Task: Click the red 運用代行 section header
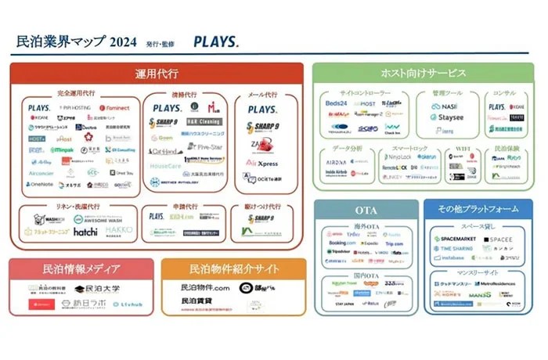pos(157,74)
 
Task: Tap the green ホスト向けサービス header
pos(423,74)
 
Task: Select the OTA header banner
pos(366,209)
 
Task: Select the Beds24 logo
pos(337,104)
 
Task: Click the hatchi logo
pos(85,232)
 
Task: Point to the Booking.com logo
pos(343,243)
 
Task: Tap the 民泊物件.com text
pos(205,288)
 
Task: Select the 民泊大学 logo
pos(98,289)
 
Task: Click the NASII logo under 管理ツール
pos(449,106)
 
